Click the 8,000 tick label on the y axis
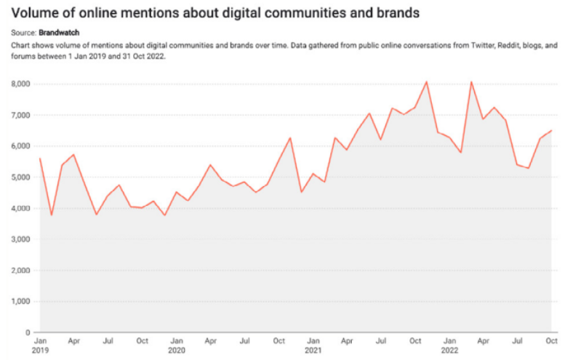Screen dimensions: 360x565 coord(20,84)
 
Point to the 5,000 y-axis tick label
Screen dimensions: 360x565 coord(20,177)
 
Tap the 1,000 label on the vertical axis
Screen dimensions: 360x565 coord(20,301)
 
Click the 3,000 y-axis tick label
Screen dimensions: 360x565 coord(20,239)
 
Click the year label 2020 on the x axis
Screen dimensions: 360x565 coord(176,350)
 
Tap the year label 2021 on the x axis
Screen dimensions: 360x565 coord(313,350)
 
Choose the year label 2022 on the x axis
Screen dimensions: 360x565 coord(449,350)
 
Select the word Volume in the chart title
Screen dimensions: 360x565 coord(36,13)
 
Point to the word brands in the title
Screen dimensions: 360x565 coord(399,13)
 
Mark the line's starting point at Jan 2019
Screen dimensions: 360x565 coord(39,159)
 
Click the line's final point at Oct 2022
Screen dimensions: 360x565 coord(552,131)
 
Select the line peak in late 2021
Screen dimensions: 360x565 coord(426,81)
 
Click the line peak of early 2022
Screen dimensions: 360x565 coord(471,81)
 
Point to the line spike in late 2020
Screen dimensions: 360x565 coord(290,137)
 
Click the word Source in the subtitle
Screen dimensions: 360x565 coord(23,33)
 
